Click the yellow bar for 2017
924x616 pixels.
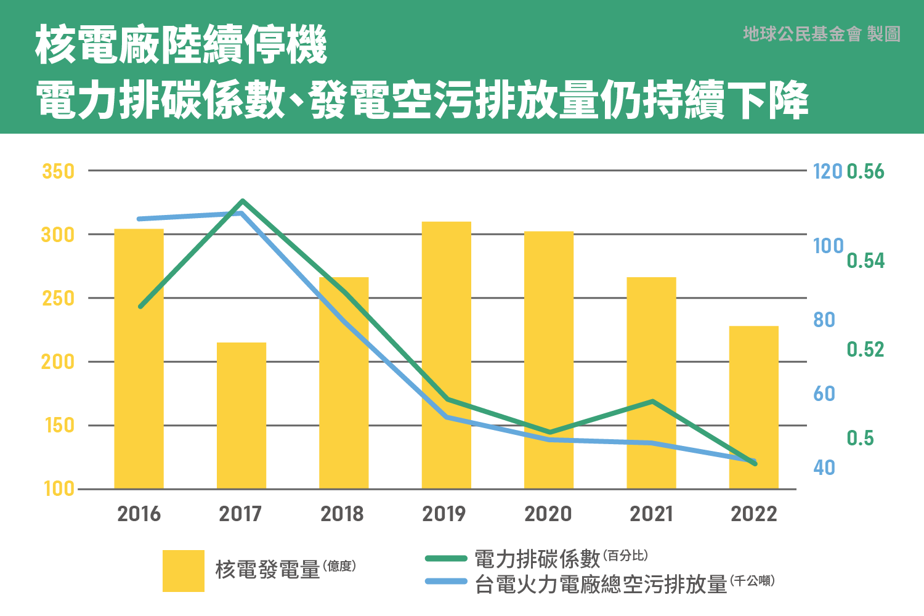[x=241, y=416]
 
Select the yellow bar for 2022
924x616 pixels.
[x=754, y=407]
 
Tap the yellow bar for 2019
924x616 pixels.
[x=447, y=355]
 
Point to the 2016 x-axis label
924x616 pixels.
[x=139, y=514]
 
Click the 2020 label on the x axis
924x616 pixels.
[x=548, y=514]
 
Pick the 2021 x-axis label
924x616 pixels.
[x=651, y=514]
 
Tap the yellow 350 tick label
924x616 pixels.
[x=58, y=171]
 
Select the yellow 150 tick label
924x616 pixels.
[x=59, y=425]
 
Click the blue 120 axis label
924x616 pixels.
[x=827, y=171]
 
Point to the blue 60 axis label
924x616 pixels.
[x=824, y=394]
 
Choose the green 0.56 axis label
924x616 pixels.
[x=865, y=171]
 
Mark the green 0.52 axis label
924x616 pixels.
[x=865, y=349]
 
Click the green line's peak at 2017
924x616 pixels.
[x=243, y=201]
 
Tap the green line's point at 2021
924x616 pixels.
[x=652, y=402]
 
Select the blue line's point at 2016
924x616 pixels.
[x=140, y=219]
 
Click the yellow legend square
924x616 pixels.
[x=184, y=571]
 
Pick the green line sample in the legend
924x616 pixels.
[x=446, y=559]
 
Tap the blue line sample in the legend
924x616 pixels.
[x=446, y=582]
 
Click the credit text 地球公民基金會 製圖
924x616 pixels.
[x=822, y=34]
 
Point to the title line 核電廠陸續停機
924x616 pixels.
[x=181, y=45]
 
